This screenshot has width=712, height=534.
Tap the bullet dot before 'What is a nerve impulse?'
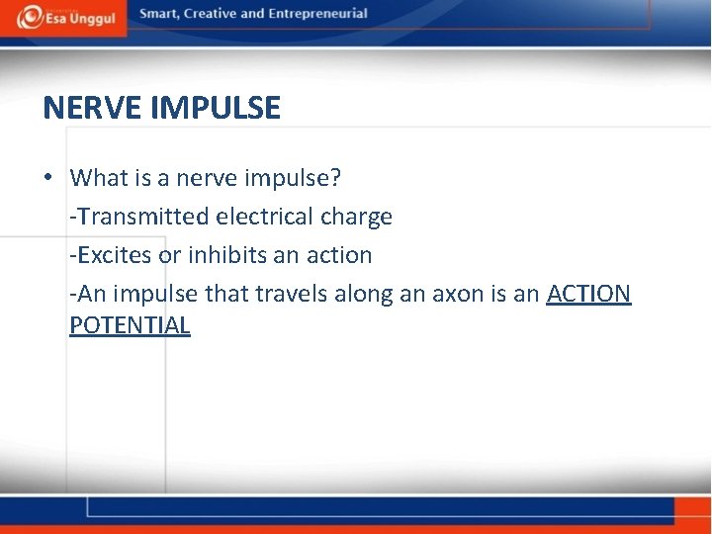point(48,178)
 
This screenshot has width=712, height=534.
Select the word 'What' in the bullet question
point(99,178)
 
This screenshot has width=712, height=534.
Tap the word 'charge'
point(356,217)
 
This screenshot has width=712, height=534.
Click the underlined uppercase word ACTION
point(588,294)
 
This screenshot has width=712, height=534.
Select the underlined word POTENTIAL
point(130,325)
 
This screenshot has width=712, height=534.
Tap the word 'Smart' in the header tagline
point(159,14)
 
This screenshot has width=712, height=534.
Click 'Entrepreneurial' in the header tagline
point(321,14)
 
